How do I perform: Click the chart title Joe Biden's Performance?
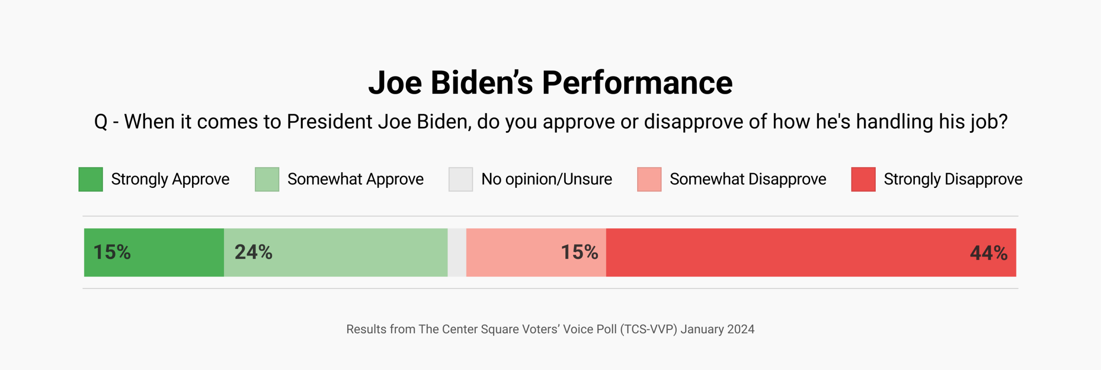point(550,83)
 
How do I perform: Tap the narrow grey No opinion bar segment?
point(457,253)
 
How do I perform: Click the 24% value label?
point(253,252)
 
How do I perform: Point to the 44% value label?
point(988,253)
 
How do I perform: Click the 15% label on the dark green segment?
point(112,252)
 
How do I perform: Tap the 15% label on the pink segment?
point(579,252)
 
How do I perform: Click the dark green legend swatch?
point(91,179)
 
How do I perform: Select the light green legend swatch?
point(267,179)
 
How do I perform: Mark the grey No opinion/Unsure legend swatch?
point(461,179)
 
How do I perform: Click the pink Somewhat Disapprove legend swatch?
point(649,179)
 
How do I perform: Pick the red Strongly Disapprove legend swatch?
point(863,179)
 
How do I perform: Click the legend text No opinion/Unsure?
point(546,179)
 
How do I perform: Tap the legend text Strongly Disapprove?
point(953,179)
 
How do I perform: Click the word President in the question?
point(329,122)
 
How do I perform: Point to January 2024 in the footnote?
point(717,329)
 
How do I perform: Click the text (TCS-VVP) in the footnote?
point(648,329)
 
